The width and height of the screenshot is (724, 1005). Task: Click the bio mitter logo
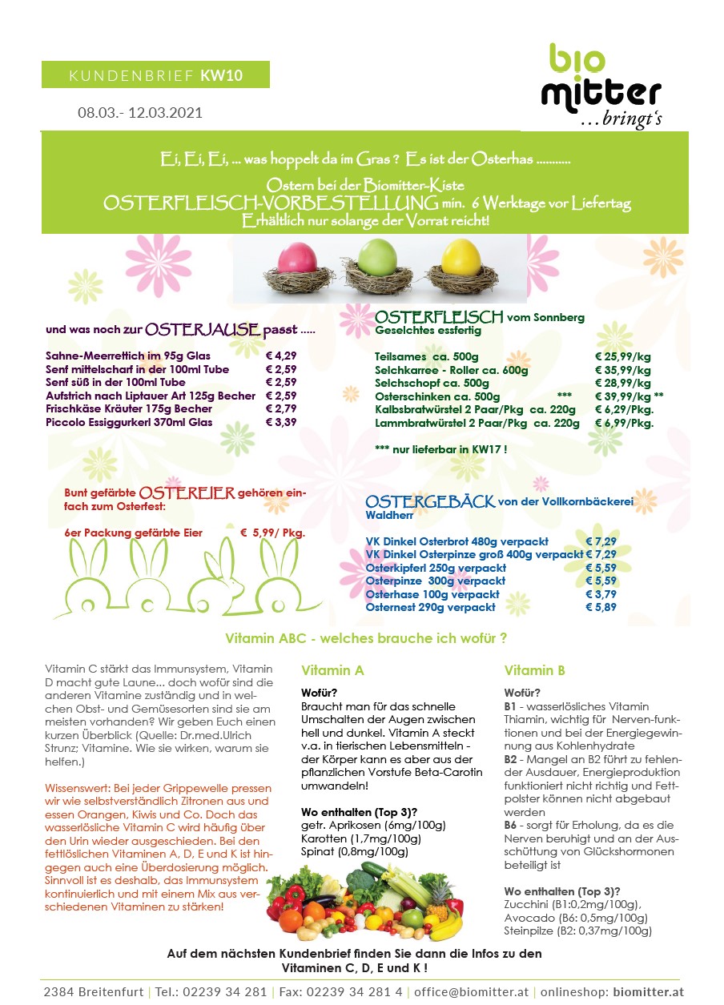tap(601, 86)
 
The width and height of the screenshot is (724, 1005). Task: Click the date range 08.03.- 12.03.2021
tap(140, 112)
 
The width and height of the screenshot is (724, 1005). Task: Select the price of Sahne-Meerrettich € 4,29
tap(281, 356)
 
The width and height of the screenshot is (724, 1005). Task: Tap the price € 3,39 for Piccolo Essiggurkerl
tap(281, 422)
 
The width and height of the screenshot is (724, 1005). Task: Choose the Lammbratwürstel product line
tap(477, 423)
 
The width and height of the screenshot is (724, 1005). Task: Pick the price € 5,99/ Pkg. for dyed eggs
tap(273, 533)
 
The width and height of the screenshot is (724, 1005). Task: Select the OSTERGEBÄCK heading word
tap(430, 502)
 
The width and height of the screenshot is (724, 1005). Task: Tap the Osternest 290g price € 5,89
tap(601, 607)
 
